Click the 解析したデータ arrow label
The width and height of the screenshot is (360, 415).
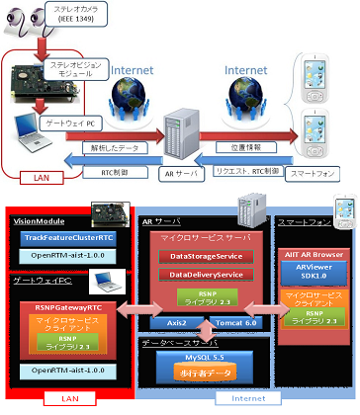click(x=101, y=147)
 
